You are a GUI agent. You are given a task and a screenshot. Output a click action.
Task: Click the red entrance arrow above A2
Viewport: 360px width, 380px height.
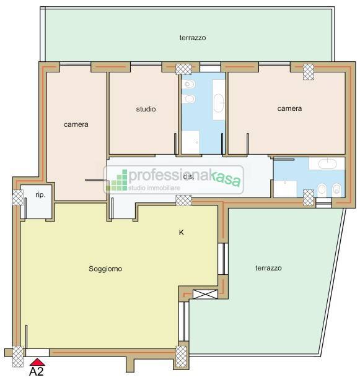37,362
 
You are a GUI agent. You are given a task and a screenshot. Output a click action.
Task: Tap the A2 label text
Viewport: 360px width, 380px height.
37,371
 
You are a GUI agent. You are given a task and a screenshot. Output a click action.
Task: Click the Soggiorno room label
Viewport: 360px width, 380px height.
105,269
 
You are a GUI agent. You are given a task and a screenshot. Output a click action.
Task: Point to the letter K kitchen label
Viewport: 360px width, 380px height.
181,233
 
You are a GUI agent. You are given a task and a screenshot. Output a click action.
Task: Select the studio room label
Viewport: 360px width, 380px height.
146,109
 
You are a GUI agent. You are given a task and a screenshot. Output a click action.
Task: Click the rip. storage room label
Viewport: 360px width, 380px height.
40,195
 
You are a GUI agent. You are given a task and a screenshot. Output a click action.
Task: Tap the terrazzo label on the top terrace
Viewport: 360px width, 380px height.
193,38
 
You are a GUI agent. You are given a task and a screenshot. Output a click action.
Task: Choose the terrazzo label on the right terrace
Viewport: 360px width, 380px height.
268,268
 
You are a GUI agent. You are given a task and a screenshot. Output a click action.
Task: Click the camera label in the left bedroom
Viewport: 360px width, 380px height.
76,124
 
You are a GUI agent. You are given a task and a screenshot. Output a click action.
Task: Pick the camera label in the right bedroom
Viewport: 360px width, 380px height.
289,108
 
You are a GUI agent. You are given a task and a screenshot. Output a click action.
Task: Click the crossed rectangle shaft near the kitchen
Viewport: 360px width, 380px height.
205,294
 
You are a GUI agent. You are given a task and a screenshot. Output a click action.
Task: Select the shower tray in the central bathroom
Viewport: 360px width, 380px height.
190,142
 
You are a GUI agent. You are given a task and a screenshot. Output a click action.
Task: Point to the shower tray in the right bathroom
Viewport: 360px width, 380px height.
285,189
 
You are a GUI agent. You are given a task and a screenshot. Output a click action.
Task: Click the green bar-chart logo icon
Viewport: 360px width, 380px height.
116,180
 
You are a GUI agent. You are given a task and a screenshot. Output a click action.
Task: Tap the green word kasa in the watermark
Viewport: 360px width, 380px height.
226,179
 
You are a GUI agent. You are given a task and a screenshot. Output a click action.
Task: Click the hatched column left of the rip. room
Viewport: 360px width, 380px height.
18,197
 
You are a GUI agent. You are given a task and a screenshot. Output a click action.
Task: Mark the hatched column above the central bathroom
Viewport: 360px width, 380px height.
183,69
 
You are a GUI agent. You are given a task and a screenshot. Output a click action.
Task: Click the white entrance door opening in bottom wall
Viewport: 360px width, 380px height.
37,353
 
